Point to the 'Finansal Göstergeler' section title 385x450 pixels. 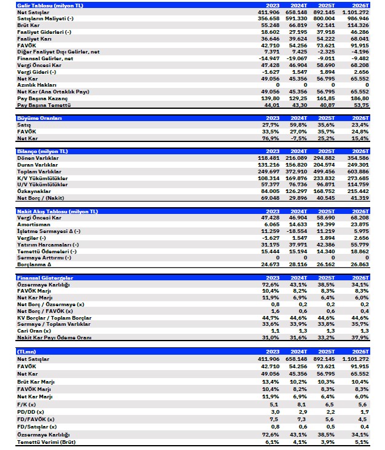pos(34,278)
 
